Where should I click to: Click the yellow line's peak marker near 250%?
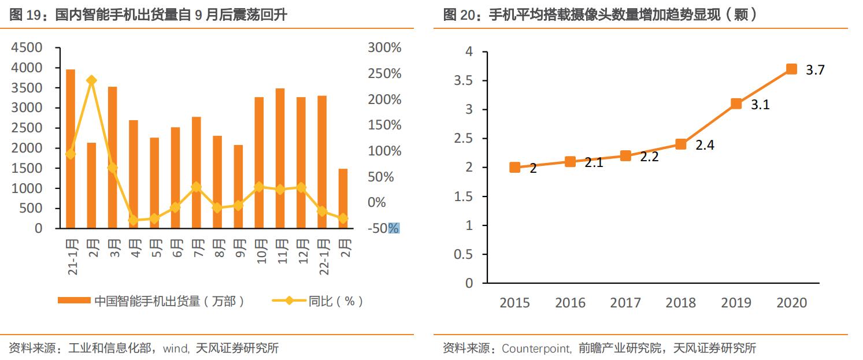coord(91,80)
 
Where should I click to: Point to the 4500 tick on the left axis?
coord(27,48)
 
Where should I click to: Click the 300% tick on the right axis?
coord(384,48)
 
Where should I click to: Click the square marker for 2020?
coord(791,69)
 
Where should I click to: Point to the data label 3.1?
coord(760,105)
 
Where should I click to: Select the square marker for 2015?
coord(514,168)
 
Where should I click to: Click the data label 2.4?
coord(705,146)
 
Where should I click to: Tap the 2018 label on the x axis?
coord(680,303)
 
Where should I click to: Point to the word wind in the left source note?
coord(176,348)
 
